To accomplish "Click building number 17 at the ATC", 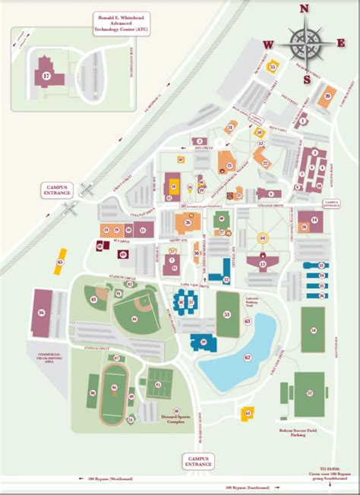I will pyautogui.click(x=46, y=76).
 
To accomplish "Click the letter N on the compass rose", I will pyautogui.click(x=304, y=10).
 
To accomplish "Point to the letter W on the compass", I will pyautogui.click(x=268, y=45).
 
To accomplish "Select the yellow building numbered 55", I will pyautogui.click(x=273, y=66).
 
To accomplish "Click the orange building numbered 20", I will pyautogui.click(x=327, y=96).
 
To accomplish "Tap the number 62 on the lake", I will pyautogui.click(x=247, y=355).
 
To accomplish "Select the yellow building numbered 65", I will pyautogui.click(x=60, y=263).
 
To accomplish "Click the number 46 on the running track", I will pyautogui.click(x=114, y=388).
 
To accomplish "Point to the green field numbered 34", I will pyautogui.click(x=312, y=330).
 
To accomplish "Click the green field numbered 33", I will pyautogui.click(x=226, y=314).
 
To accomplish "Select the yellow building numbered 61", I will pyautogui.click(x=246, y=413).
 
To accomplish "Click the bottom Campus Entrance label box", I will pyautogui.click(x=198, y=461).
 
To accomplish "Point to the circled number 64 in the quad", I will pyautogui.click(x=263, y=238).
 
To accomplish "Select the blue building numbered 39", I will pyautogui.click(x=204, y=342).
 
